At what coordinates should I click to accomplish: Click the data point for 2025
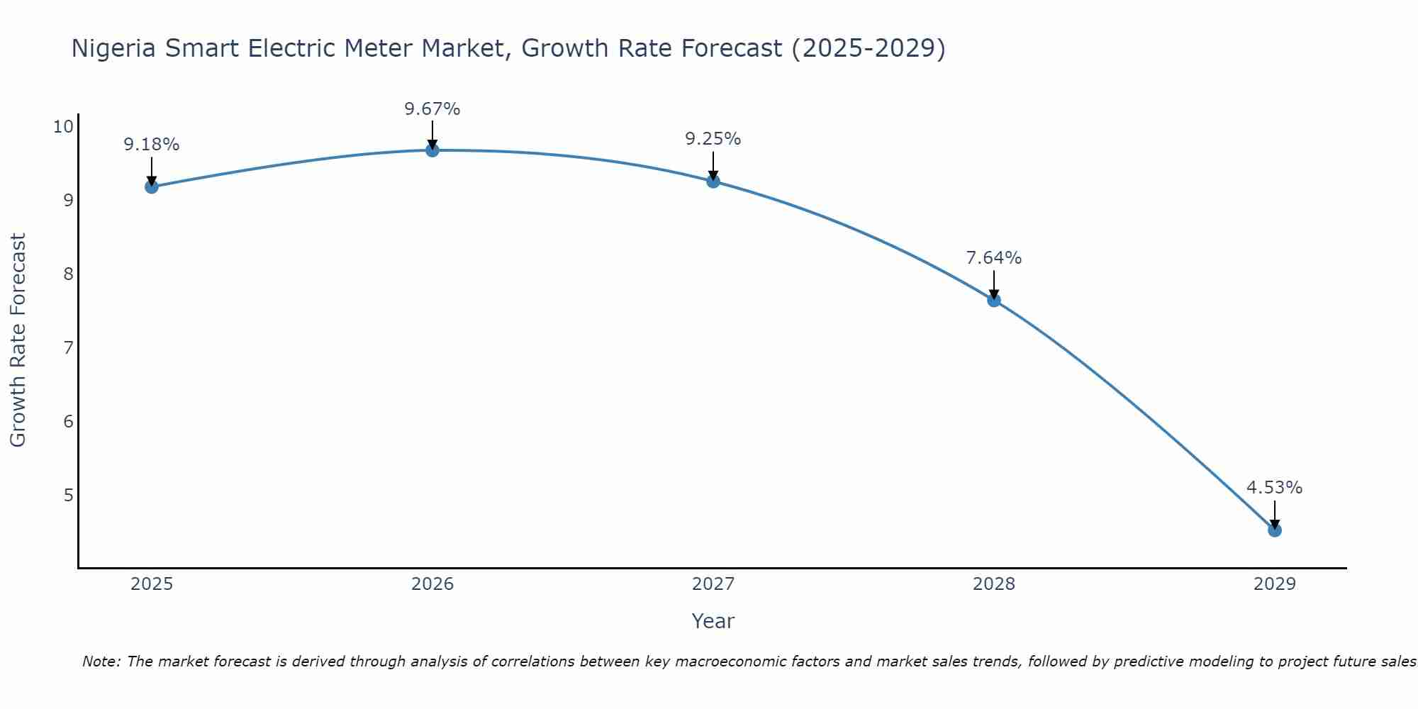tap(151, 186)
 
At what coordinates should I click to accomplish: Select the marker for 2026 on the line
tap(432, 150)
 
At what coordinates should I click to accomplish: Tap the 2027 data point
tap(713, 182)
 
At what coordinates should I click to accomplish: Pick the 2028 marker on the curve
tap(993, 300)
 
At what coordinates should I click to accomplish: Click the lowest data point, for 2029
tap(1274, 530)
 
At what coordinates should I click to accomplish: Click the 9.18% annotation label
tap(151, 145)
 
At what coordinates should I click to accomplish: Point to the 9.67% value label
tap(432, 109)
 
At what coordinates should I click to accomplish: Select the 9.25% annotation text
tap(713, 139)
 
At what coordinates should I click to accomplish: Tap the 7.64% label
tap(993, 258)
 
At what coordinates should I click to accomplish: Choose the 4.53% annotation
tap(1274, 488)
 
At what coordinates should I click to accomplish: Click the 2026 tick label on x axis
tap(432, 584)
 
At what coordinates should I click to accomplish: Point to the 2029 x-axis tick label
tap(1274, 584)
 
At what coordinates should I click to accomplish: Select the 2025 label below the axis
tap(152, 584)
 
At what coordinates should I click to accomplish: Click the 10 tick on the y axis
tap(63, 127)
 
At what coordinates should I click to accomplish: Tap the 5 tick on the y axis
tap(68, 495)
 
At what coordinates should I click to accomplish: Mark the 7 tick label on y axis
tap(68, 347)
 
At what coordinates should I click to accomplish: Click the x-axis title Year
tap(713, 621)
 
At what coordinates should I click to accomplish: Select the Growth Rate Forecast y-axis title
tap(18, 340)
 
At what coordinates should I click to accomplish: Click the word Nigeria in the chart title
tap(113, 48)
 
